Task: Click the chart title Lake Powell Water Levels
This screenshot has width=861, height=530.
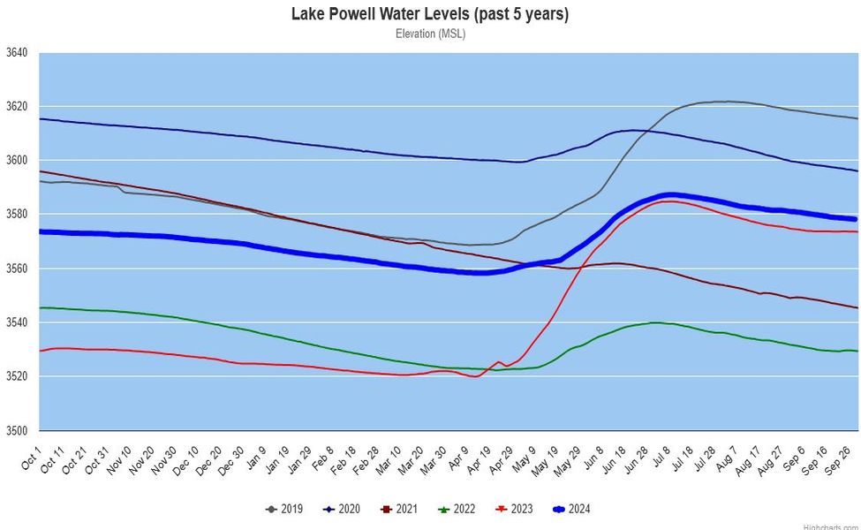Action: point(430,14)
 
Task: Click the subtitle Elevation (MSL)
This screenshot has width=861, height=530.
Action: point(430,34)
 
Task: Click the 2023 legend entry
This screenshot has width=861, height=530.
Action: point(517,509)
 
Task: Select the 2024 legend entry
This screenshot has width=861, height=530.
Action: point(576,509)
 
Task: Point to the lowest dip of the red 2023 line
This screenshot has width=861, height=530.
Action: point(477,376)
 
